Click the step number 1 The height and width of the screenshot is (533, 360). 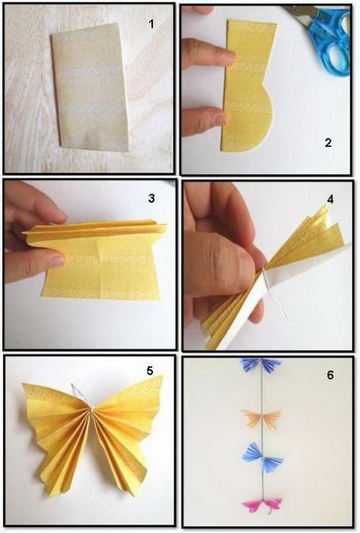pos(151,24)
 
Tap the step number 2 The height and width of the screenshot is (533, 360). pos(328,142)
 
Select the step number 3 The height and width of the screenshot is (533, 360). pos(151,198)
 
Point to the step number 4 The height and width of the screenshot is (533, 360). pos(330,199)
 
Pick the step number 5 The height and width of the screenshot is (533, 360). pos(150,371)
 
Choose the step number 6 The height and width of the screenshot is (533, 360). pos(330,375)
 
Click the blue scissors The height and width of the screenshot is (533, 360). pos(323,36)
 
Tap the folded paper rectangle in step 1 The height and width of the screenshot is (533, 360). pos(91,87)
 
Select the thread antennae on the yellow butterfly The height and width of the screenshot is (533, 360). pos(79,394)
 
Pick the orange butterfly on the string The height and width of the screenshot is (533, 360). pos(261,419)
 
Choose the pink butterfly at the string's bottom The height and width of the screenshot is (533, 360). pos(262,506)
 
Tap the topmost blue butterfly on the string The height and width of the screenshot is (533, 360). pos(261,365)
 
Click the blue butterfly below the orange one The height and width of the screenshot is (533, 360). pos(263,458)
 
